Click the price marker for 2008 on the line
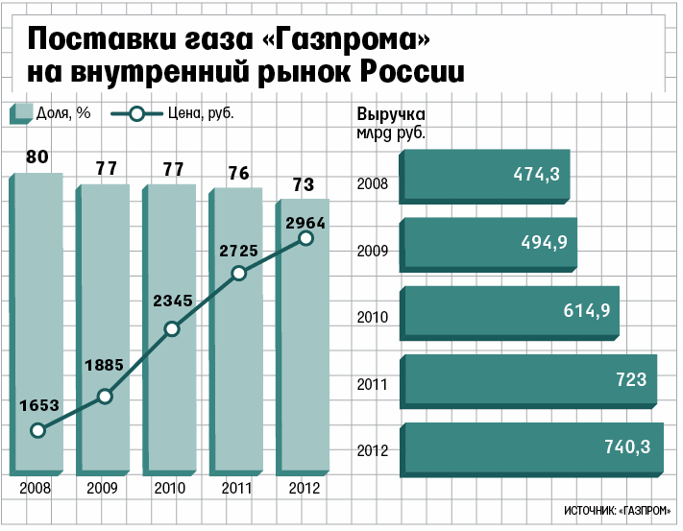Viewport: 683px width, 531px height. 38,430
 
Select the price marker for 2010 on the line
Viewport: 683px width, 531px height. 173,329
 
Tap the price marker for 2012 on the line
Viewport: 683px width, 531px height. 306,238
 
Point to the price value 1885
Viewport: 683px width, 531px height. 104,365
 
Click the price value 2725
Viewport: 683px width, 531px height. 238,251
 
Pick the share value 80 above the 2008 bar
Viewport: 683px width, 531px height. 37,157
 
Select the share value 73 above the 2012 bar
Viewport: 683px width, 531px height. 304,184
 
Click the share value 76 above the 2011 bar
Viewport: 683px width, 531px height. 238,173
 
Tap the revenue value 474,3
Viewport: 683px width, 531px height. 536,174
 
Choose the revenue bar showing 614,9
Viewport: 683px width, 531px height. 509,313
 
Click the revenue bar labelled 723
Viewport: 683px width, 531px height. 528,382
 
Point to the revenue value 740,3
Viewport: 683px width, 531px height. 627,447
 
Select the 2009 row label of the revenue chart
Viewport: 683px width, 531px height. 373,251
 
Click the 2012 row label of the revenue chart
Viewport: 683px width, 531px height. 373,450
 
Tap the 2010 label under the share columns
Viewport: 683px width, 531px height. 170,488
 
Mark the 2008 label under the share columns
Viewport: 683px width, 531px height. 36,488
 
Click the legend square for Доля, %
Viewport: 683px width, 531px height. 21,114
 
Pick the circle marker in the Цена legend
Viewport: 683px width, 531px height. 136,114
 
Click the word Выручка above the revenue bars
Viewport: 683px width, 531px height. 391,114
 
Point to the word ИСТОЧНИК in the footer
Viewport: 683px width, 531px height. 590,511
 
